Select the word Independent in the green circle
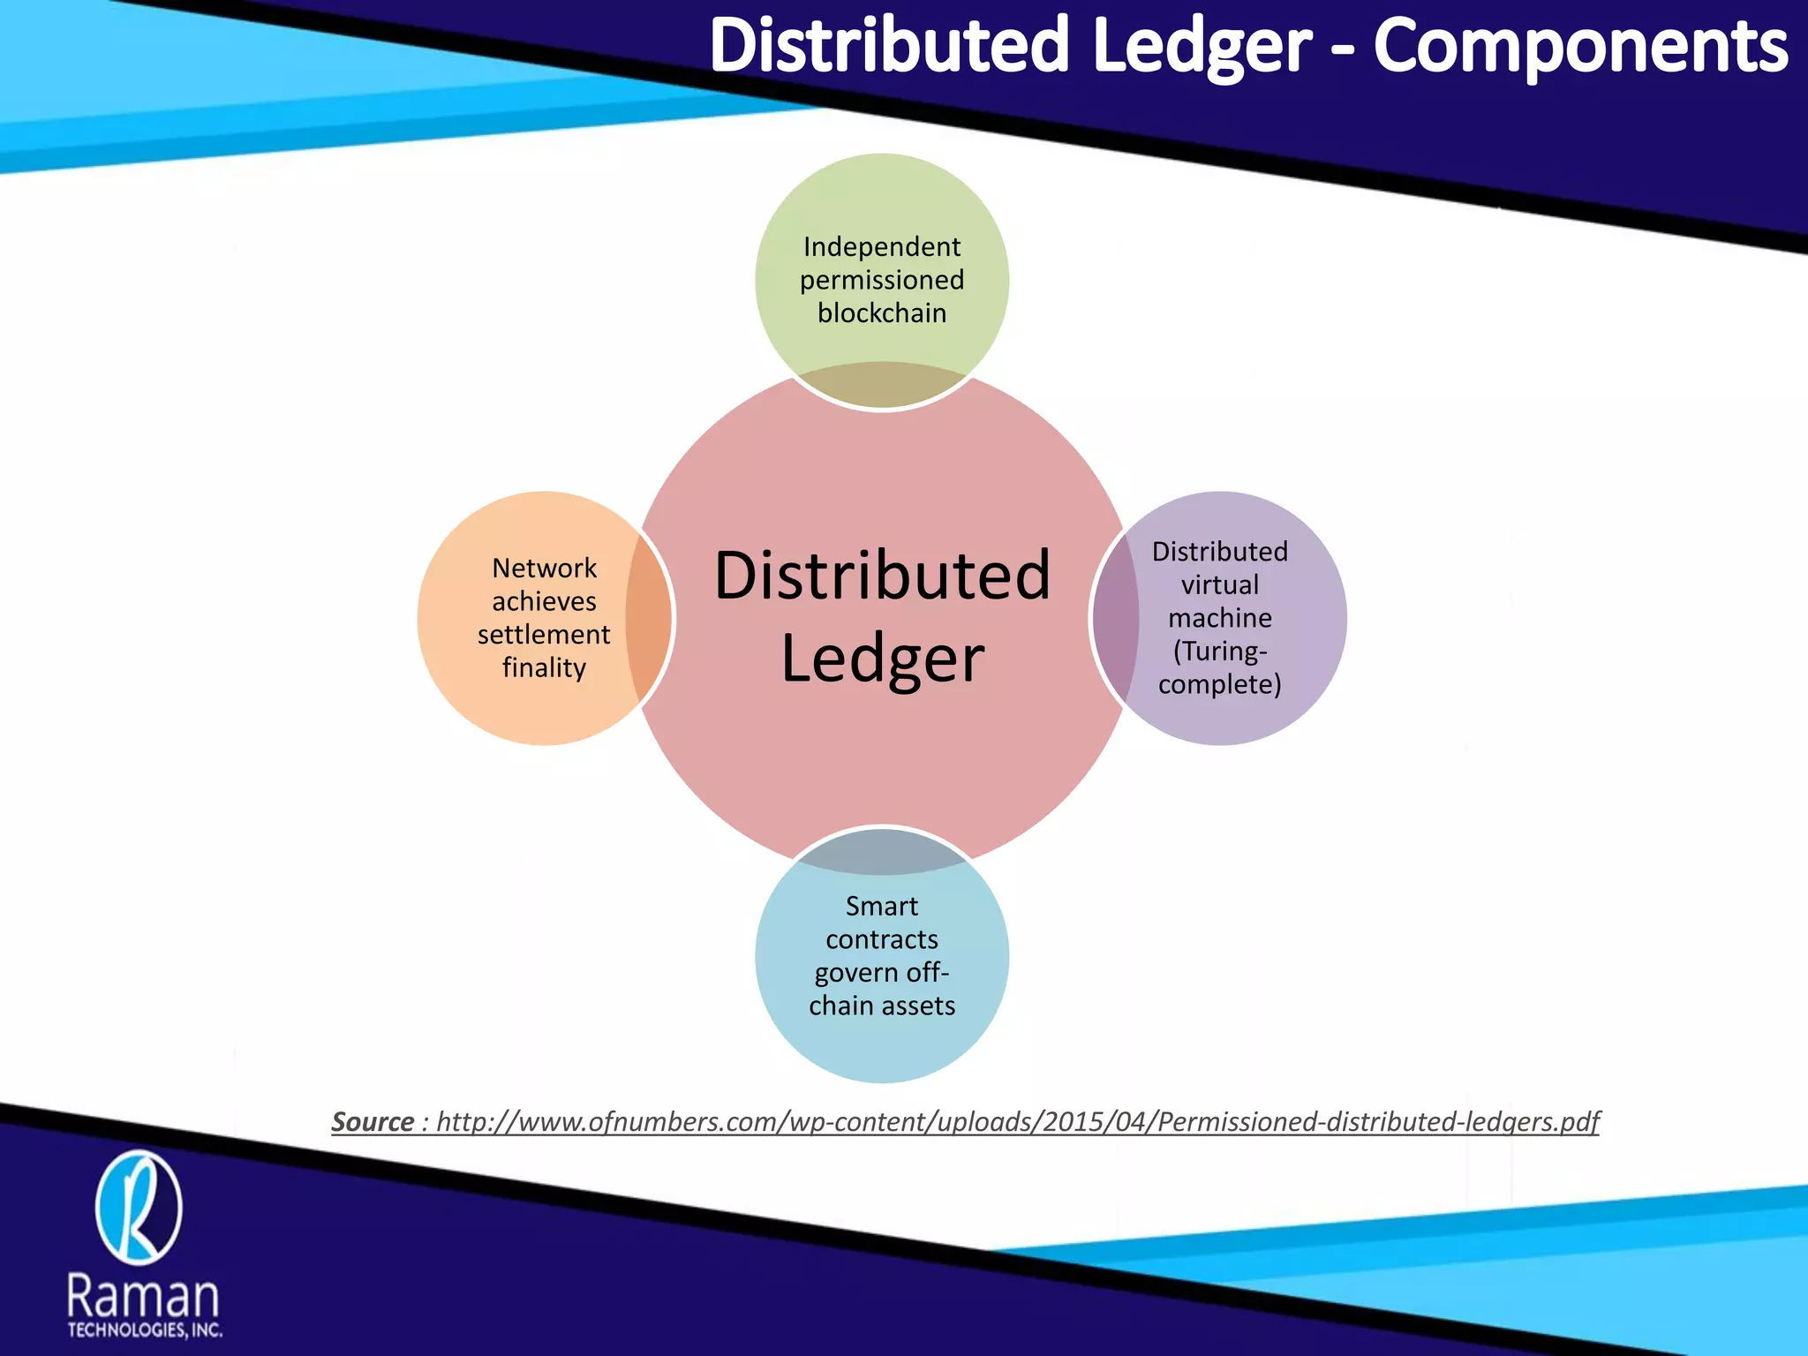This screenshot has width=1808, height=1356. pos(882,246)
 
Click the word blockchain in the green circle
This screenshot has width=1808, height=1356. pos(882,313)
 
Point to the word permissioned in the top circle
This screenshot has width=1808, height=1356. pos(882,280)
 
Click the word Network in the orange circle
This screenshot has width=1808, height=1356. pos(544,568)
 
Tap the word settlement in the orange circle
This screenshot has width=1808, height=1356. pos(544,634)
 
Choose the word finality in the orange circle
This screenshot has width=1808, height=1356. pos(544,667)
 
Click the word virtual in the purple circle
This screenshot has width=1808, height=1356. pos(1220,584)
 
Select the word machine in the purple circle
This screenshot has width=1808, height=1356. pos(1220,618)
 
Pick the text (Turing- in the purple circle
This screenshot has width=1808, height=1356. pos(1220,652)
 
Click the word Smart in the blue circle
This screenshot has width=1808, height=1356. pos(882,906)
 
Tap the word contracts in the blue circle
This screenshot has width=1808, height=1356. pos(882,939)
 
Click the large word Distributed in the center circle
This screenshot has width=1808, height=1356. pos(882,576)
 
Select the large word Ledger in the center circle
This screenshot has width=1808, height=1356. pos(882,659)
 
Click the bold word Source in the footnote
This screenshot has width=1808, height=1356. pos(373,1121)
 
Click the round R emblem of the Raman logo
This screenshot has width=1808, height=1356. pos(139,1208)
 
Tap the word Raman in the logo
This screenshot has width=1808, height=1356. pos(143,1296)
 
